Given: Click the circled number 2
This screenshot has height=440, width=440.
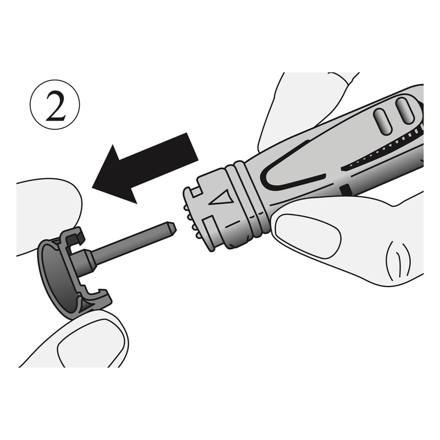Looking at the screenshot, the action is tap(54, 105).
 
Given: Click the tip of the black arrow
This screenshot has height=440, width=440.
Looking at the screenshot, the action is tap(92, 187).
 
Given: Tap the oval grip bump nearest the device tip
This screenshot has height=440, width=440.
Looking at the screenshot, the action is tap(382, 122).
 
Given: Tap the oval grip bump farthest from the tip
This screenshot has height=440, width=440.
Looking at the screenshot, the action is tap(405, 111).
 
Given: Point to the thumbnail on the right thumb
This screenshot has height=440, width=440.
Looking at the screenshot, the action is tap(308, 235).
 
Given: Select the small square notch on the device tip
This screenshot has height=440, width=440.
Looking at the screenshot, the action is tap(196, 191).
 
